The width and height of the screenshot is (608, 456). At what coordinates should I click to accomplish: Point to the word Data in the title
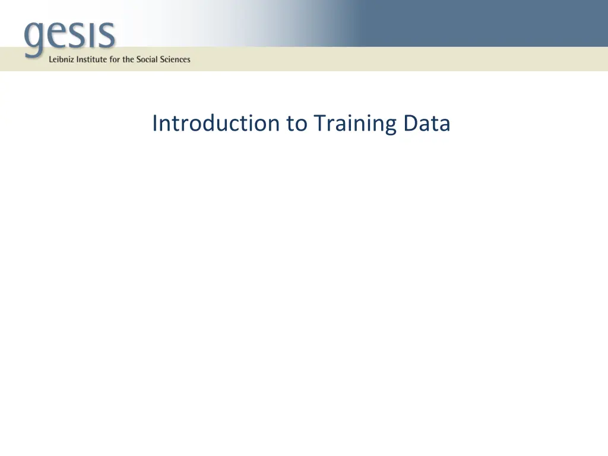(426, 123)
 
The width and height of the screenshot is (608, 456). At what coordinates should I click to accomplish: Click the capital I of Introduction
(155, 123)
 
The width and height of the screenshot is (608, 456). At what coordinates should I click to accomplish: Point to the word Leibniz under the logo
(62, 59)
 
